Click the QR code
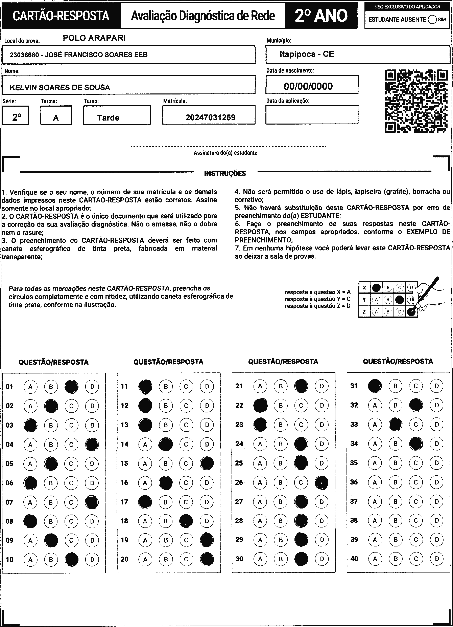point(416,101)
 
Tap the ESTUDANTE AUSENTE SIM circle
point(432,20)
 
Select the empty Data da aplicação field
point(312,115)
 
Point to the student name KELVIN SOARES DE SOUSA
point(60,88)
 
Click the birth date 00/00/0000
point(308,86)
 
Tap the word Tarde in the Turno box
point(108,118)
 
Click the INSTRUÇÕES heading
point(225,174)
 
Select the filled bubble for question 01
point(72,387)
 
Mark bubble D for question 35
point(436,463)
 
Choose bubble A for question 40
point(375,559)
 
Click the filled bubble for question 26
point(322,482)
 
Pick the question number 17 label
point(125,502)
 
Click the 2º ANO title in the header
point(321,16)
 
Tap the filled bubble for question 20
point(207,559)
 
